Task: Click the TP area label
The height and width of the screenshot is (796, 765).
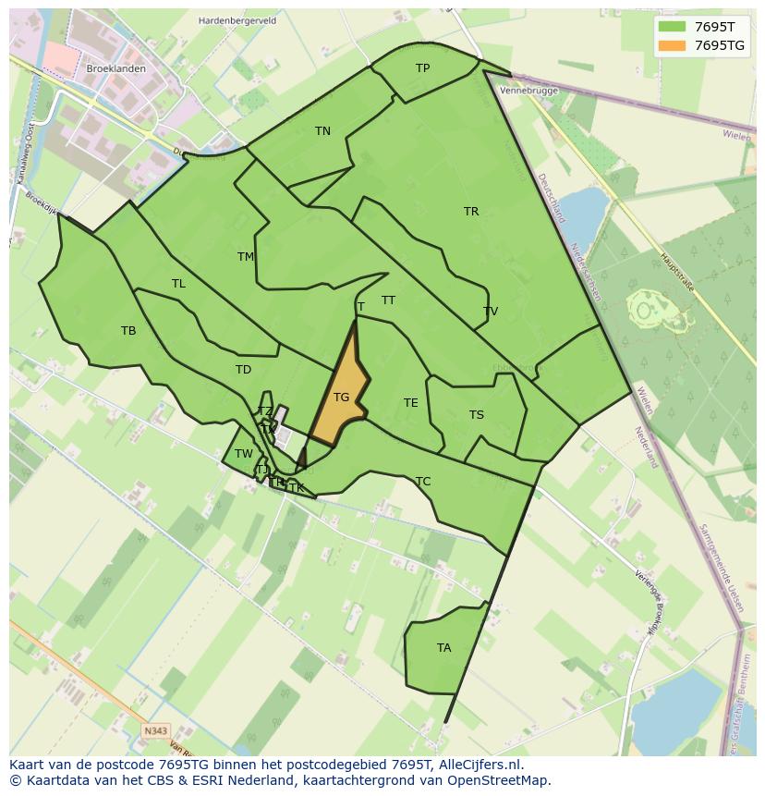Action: tap(422, 68)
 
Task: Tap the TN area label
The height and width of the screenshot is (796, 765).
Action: tap(322, 131)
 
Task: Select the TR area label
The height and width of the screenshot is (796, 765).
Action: tap(471, 212)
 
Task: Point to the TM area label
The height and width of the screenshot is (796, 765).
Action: tap(246, 257)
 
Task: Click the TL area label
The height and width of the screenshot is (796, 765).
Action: tap(178, 284)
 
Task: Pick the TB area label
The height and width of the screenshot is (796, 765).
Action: tap(128, 331)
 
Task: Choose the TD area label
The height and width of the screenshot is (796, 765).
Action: tap(243, 370)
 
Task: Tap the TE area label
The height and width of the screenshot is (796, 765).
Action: tap(411, 403)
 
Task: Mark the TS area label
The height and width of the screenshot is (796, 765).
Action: tap(477, 415)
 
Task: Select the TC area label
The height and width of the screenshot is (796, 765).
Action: tap(423, 482)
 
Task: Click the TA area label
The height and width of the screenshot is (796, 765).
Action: tap(444, 648)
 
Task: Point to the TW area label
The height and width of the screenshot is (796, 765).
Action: tap(243, 454)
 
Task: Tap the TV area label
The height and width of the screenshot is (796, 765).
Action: tap(491, 312)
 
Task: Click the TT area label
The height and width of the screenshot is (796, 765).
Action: tap(389, 300)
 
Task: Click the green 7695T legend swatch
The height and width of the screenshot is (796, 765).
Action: tap(672, 27)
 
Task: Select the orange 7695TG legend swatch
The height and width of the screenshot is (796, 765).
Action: tap(672, 45)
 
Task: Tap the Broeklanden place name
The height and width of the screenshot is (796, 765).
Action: tap(115, 69)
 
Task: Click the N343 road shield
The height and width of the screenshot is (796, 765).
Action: tap(156, 731)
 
